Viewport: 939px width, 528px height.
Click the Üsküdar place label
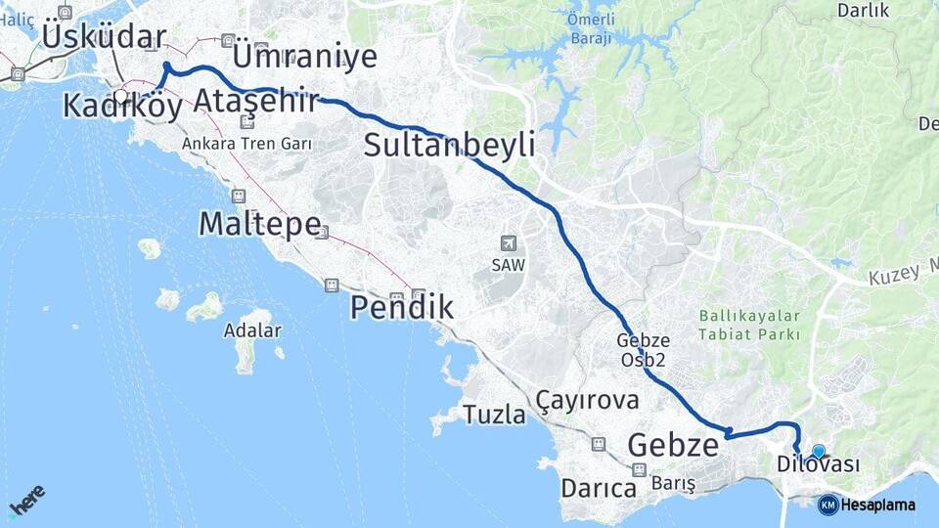[x=104, y=38]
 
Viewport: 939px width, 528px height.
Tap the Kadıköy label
[x=122, y=106]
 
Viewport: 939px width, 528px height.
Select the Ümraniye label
[x=305, y=56]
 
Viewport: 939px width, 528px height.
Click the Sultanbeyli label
[x=449, y=146]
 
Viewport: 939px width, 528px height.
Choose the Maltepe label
[x=259, y=224]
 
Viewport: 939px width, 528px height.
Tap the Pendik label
[x=402, y=308]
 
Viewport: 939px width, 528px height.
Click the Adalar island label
[x=253, y=330]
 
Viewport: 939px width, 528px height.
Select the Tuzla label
[x=494, y=416]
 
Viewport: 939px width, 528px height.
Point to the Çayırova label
[x=587, y=400]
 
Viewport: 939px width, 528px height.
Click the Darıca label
[x=599, y=487]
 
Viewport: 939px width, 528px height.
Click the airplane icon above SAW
[x=507, y=243]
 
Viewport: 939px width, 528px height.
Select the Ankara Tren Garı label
[x=246, y=143]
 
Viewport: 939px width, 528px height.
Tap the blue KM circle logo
[x=827, y=505]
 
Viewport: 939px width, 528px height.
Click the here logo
[x=26, y=499]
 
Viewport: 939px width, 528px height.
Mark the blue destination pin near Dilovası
[x=819, y=451]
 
